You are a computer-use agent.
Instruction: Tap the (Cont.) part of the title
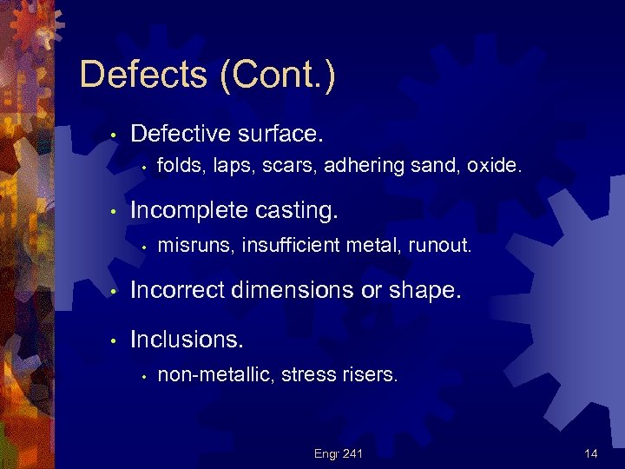(277, 76)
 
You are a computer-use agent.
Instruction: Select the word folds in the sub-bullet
(177, 166)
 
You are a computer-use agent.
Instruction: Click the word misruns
(195, 246)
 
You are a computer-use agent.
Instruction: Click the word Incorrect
(178, 290)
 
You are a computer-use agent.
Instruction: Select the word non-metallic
(214, 375)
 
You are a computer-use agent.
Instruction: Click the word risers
(371, 375)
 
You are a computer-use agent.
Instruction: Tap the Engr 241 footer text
(339, 453)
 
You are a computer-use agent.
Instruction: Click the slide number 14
(591, 453)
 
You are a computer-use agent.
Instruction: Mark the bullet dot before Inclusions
(113, 340)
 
